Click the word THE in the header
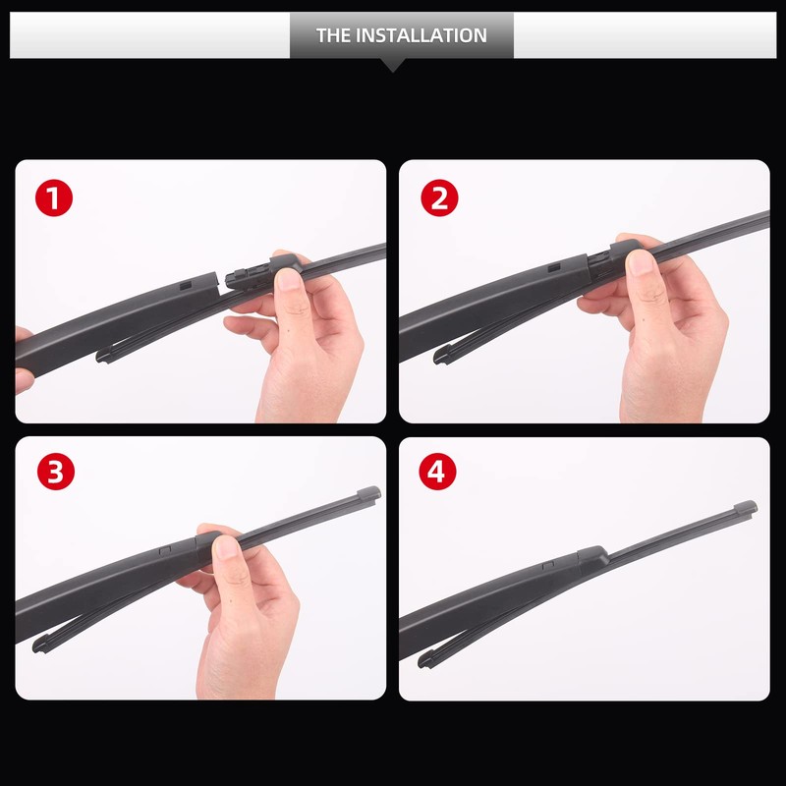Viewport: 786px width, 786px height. click(333, 35)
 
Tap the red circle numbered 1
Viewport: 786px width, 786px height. click(55, 198)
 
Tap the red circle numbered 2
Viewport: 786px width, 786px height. click(439, 198)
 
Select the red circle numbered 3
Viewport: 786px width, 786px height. click(55, 473)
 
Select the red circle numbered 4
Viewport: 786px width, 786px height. click(439, 473)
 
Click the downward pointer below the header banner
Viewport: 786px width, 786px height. click(392, 65)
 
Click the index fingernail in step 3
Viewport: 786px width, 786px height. click(228, 546)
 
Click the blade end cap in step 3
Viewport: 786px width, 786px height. click(367, 491)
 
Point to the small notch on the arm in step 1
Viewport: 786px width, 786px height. click(185, 284)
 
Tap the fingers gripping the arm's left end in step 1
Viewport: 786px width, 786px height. click(22, 354)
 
